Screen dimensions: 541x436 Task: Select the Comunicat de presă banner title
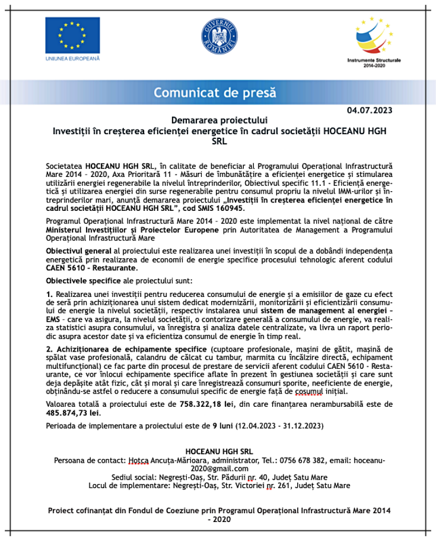tap(215, 92)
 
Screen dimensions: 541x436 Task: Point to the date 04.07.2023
tap(369, 110)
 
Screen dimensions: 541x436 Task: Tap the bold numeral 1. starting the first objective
tap(49, 295)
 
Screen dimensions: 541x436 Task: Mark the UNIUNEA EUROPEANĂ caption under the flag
tap(72, 58)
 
